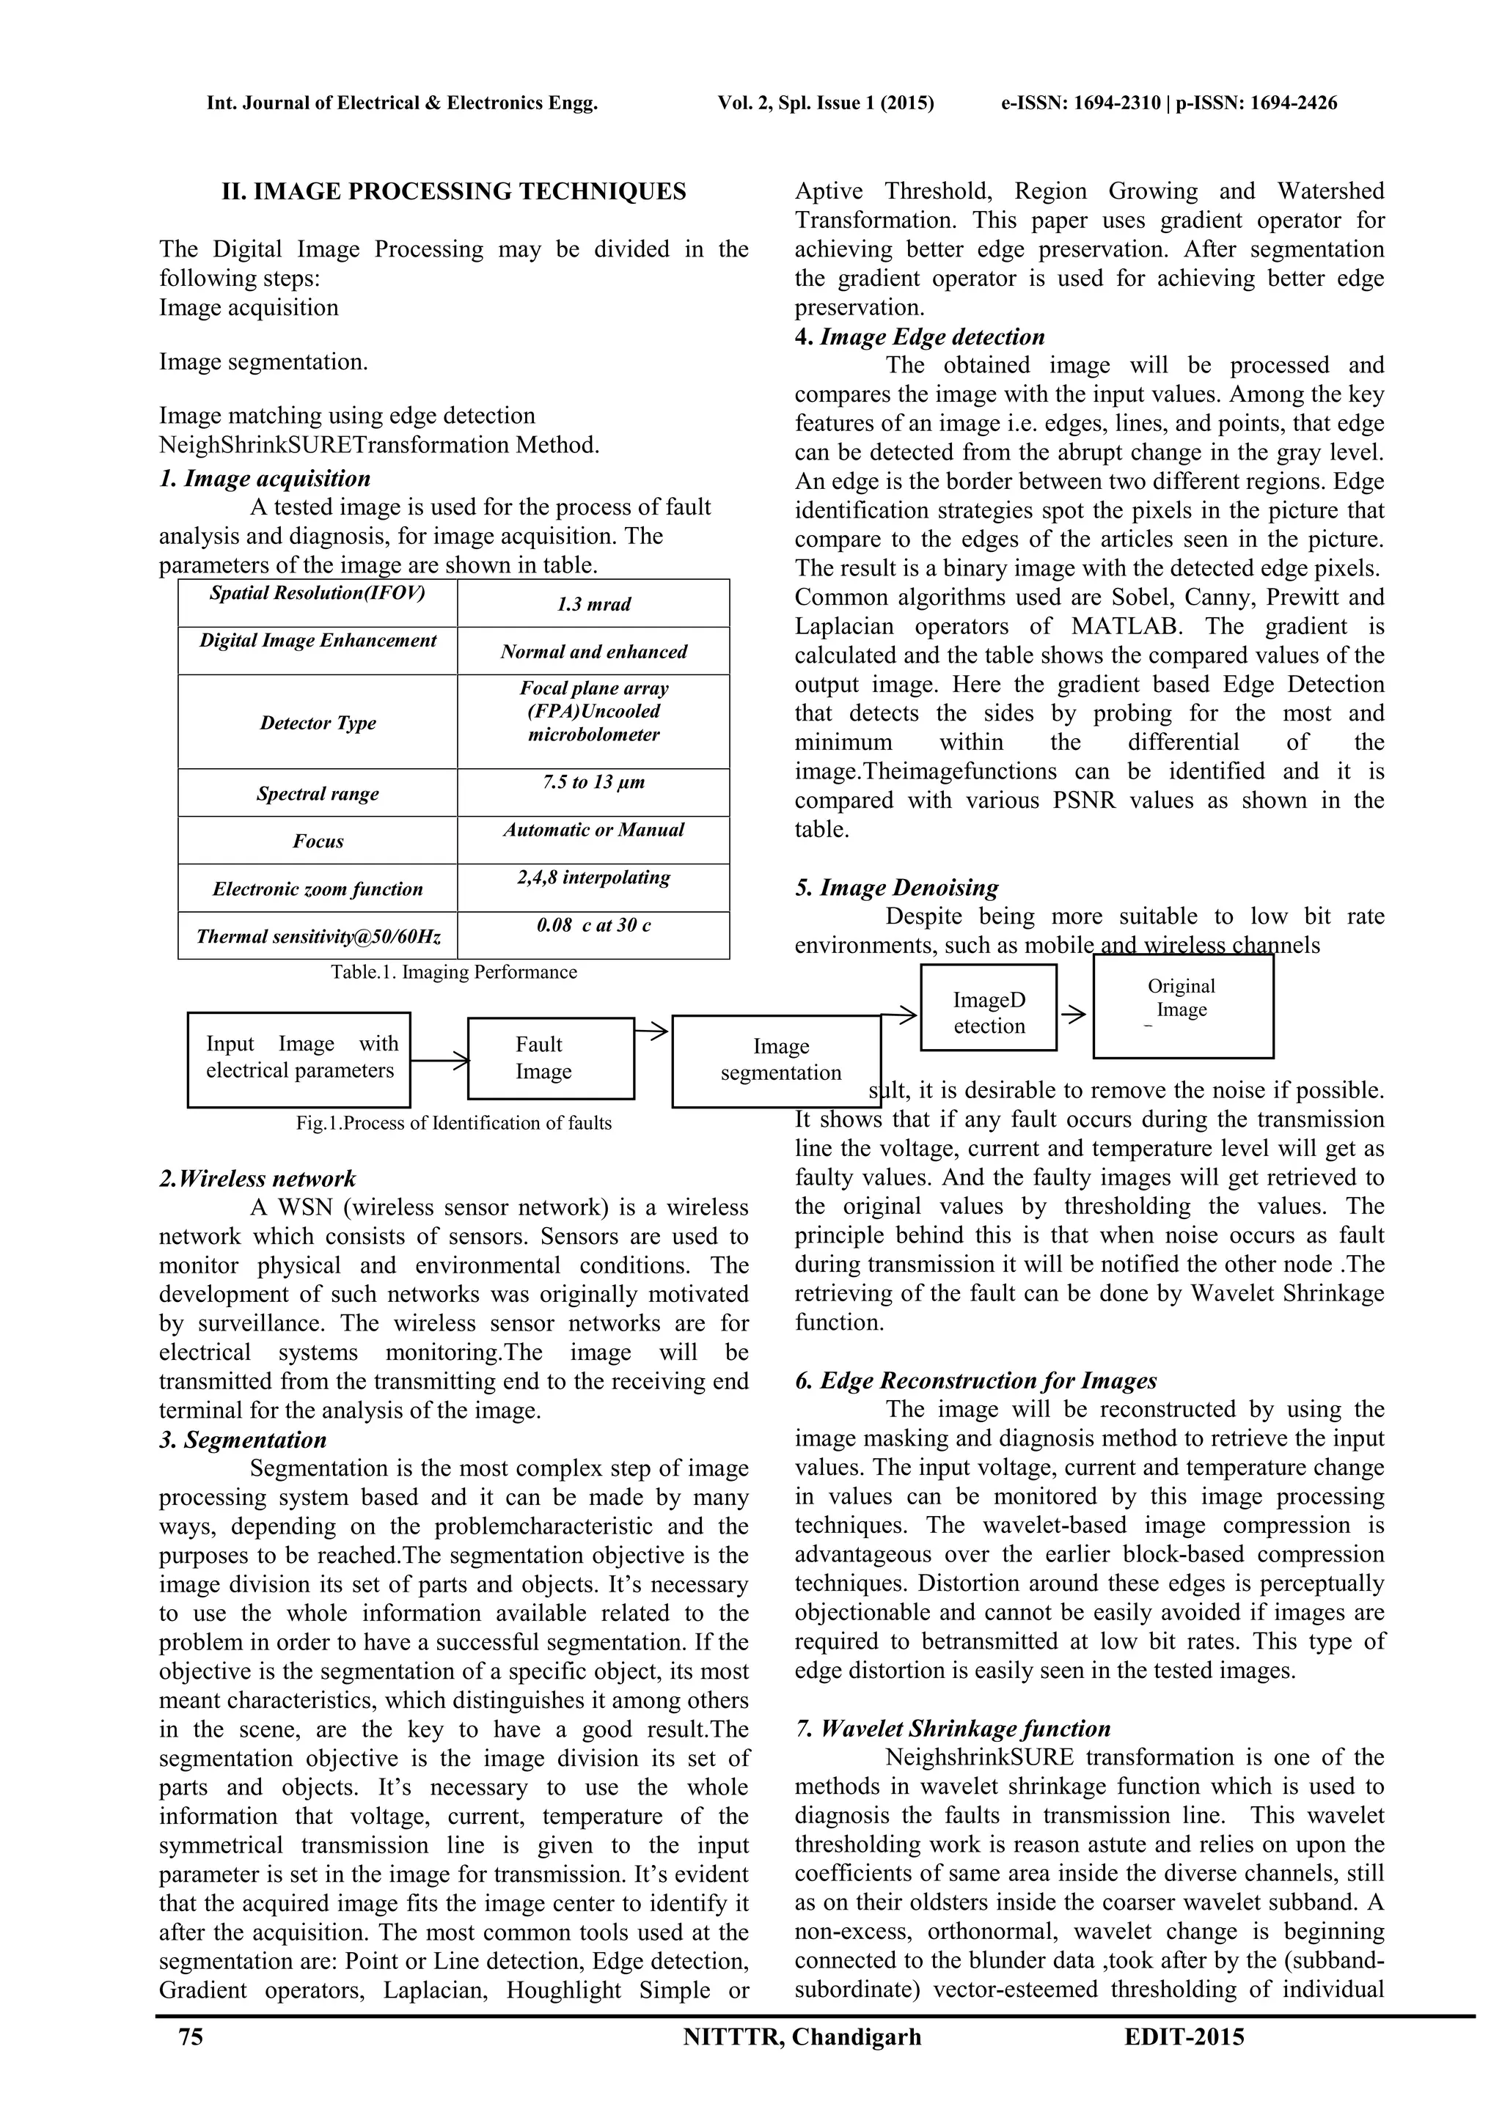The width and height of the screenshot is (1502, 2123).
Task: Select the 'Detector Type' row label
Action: [318, 722]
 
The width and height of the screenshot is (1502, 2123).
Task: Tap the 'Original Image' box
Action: [1182, 1006]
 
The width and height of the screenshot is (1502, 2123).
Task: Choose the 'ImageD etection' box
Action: [988, 1008]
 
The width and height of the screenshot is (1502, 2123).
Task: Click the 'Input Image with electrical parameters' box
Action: [298, 1058]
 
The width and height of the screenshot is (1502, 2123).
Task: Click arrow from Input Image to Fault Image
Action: [440, 1062]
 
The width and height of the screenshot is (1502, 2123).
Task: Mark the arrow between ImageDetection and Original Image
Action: [1074, 1015]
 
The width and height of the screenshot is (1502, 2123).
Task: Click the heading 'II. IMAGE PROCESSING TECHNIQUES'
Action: [453, 192]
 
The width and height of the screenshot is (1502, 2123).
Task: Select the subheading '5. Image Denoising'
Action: [896, 888]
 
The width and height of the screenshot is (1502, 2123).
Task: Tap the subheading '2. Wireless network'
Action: [257, 1179]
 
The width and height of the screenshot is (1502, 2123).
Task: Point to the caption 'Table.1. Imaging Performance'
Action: [453, 972]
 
